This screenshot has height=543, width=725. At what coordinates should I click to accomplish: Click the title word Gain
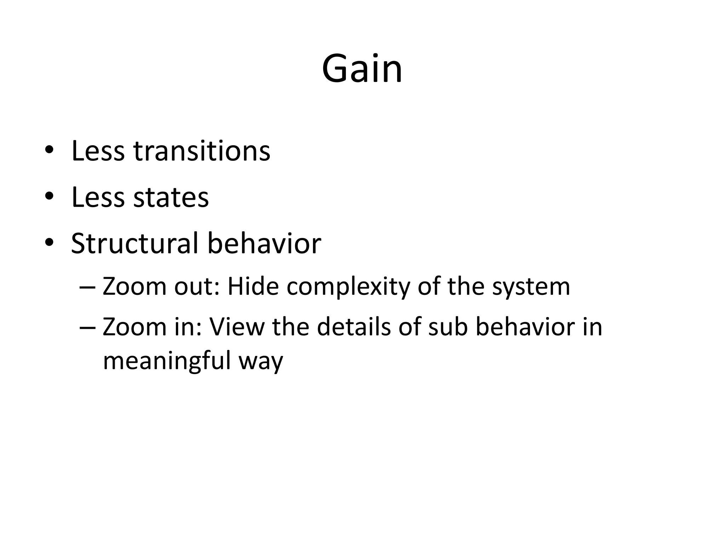[362, 69]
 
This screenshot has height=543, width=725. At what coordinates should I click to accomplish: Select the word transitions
[202, 151]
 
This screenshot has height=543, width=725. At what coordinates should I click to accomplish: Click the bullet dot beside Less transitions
[49, 151]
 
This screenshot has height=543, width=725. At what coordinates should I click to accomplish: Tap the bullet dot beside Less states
[49, 197]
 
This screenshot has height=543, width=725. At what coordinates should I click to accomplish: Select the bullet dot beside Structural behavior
[49, 243]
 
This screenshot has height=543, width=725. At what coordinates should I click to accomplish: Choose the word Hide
[253, 286]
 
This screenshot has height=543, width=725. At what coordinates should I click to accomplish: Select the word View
[237, 327]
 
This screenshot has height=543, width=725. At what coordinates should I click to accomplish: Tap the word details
[354, 327]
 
